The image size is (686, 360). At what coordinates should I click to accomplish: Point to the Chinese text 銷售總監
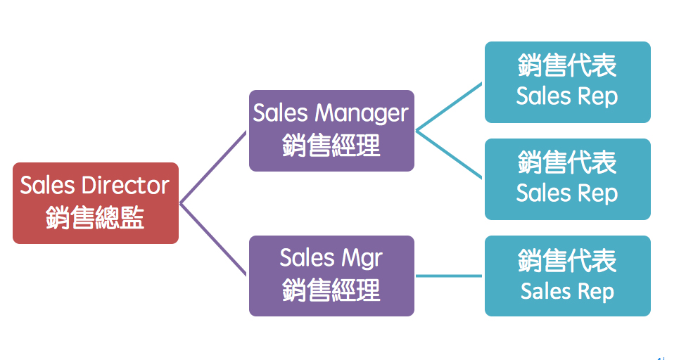click(x=95, y=218)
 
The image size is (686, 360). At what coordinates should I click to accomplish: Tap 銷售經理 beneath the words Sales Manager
click(x=331, y=146)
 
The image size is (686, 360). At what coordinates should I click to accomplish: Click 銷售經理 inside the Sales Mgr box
click(x=331, y=290)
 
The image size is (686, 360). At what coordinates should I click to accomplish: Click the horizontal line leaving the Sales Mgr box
click(x=449, y=276)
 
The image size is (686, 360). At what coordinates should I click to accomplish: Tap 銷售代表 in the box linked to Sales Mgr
click(x=567, y=261)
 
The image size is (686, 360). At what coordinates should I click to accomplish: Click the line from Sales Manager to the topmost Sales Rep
click(x=449, y=107)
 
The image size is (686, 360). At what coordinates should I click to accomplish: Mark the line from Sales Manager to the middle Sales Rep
click(x=449, y=155)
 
